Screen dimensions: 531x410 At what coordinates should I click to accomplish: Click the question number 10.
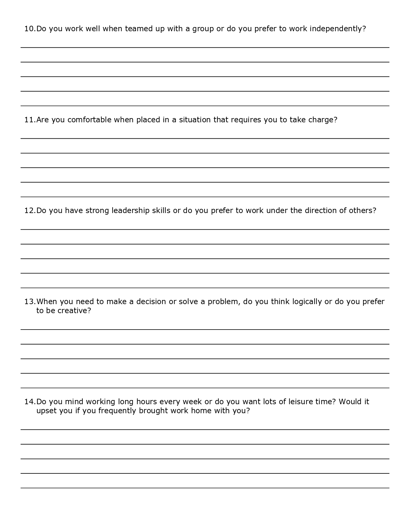pos(30,29)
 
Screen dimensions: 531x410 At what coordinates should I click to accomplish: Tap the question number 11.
pos(30,120)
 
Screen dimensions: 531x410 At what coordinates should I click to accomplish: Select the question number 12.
pos(30,211)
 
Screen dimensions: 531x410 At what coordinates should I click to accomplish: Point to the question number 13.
pos(30,302)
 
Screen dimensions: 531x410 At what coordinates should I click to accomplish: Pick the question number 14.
pos(30,402)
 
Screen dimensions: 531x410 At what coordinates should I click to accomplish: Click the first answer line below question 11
pos(205,138)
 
